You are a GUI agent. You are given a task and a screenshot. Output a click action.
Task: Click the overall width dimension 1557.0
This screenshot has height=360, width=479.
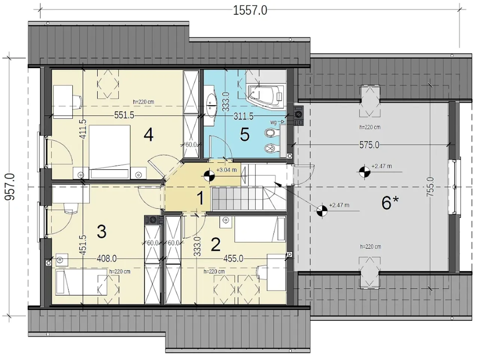(250, 10)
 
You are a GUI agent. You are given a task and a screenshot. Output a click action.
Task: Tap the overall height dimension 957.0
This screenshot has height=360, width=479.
(10, 187)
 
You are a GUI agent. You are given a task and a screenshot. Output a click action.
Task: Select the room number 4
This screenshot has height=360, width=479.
(149, 135)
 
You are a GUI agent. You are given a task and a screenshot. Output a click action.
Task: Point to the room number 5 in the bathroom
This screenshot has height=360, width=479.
(245, 134)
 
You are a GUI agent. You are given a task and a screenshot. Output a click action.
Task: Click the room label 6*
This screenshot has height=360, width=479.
(390, 203)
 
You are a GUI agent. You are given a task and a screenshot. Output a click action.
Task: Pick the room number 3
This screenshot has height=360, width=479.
(102, 232)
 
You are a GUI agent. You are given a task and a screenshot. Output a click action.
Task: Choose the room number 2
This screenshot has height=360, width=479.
(216, 244)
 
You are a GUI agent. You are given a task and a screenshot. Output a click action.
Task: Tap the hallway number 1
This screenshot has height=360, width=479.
(200, 198)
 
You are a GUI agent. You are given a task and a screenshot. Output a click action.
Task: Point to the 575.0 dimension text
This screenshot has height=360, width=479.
(369, 145)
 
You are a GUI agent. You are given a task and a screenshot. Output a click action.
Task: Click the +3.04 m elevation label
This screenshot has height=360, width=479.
(226, 170)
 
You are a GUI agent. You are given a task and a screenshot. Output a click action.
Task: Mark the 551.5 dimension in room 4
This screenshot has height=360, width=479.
(124, 115)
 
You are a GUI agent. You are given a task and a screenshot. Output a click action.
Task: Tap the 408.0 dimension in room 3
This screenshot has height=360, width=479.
(107, 259)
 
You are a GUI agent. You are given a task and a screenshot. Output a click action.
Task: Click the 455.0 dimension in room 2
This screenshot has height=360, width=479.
(233, 259)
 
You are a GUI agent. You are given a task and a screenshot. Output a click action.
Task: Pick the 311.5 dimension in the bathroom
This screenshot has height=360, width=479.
(244, 116)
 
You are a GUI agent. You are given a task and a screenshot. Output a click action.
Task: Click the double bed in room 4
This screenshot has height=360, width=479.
(110, 152)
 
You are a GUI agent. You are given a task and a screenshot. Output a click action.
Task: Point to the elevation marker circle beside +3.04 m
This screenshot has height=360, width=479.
(209, 175)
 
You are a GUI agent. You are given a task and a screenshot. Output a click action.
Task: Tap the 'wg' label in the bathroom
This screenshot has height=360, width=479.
(274, 122)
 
